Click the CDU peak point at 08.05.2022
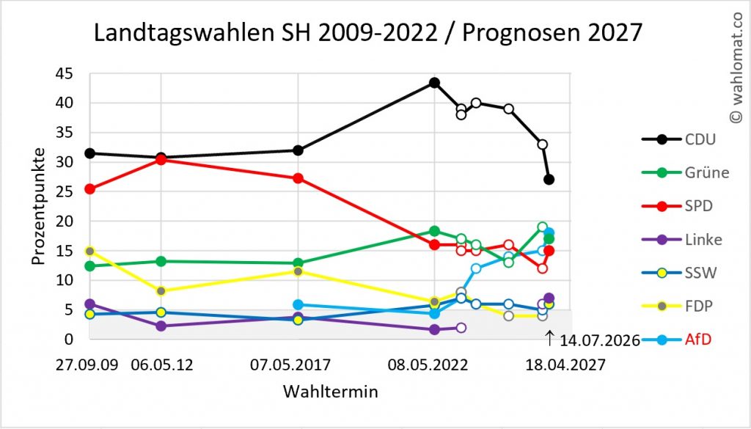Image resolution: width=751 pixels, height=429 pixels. coord(434,83)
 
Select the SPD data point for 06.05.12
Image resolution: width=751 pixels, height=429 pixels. coord(161,160)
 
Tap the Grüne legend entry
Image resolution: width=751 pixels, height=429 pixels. coord(686,172)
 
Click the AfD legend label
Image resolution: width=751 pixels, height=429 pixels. coord(698,340)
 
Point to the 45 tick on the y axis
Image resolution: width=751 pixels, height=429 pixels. coord(64,74)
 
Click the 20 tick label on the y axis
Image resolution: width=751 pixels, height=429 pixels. coord(64,221)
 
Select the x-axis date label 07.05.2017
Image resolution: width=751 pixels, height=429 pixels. coord(290,365)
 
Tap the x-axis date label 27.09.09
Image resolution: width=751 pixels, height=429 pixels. coord(87,365)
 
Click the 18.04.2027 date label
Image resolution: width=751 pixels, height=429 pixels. coord(565,365)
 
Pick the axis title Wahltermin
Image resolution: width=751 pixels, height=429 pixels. coord(331,392)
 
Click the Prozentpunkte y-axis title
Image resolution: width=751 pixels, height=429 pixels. coord(39,206)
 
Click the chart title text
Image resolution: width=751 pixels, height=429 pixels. coord(367,33)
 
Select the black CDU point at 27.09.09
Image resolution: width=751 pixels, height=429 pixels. coord(89,153)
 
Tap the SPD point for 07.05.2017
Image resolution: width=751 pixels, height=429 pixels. coord(298,178)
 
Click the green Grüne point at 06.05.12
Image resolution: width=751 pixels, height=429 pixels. coord(161,261)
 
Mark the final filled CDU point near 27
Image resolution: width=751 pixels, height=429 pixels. coord(549,180)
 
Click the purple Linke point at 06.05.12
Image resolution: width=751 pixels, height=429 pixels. coord(161,326)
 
